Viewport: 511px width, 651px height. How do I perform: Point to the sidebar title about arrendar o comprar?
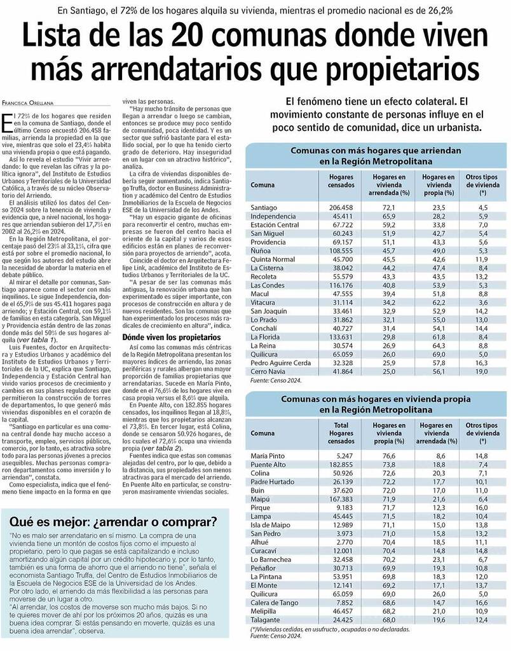pyautogui.click(x=113, y=523)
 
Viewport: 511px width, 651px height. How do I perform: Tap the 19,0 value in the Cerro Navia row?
pyautogui.click(x=482, y=371)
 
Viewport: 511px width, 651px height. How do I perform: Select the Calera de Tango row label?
pyautogui.click(x=275, y=601)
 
